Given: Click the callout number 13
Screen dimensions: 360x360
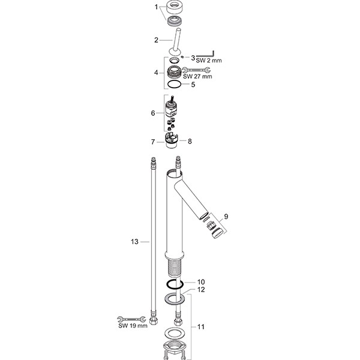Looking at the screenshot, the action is click(135, 242).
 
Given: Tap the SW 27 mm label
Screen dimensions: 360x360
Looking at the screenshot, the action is click(197, 76).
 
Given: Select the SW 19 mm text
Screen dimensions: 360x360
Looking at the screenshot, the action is click(133, 326).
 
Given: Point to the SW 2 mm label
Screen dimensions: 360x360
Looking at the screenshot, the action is click(209, 61).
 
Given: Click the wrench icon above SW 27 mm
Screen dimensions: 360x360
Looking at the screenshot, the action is click(196, 70).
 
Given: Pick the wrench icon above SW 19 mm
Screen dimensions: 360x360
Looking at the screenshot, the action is click(131, 319).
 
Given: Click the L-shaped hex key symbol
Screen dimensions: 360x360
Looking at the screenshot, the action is click(205, 54).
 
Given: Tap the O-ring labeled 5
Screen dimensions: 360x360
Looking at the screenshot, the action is click(175, 84).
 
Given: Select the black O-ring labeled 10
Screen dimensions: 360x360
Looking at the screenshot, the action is click(175, 284).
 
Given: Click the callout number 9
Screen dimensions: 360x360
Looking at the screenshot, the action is click(226, 217).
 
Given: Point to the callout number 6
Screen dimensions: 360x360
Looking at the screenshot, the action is click(153, 113).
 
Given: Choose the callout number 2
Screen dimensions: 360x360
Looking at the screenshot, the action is click(156, 40).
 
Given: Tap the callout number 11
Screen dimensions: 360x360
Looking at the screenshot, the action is click(201, 327).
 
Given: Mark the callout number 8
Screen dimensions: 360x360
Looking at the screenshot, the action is click(190, 142).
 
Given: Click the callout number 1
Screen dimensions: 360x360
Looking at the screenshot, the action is click(156, 7).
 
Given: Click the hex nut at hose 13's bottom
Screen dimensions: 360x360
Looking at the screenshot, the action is click(153, 321).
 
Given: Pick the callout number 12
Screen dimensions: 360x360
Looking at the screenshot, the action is click(201, 290).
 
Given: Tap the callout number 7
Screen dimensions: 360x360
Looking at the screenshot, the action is click(153, 142).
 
